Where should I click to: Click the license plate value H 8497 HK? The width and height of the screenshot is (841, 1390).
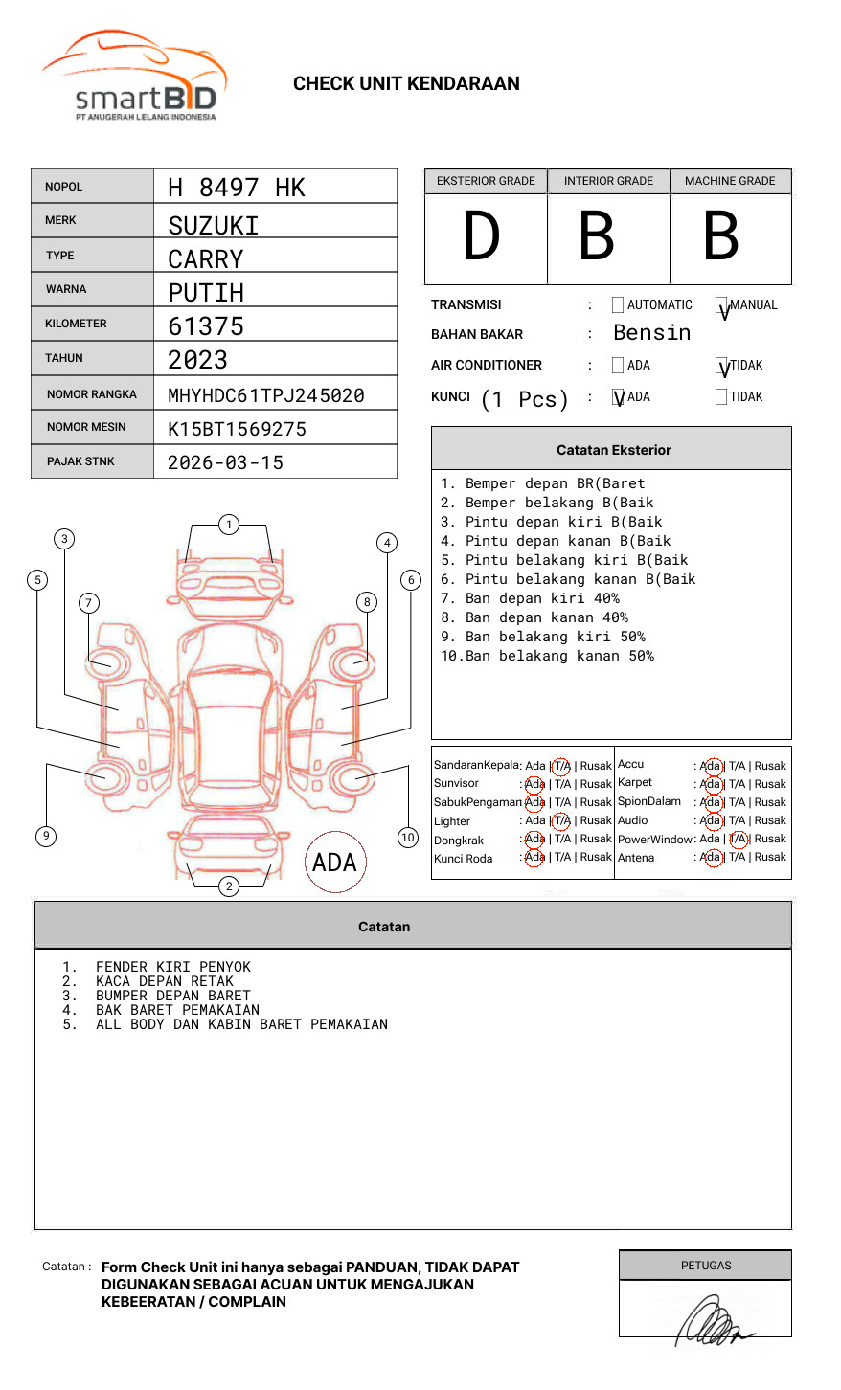[x=236, y=188]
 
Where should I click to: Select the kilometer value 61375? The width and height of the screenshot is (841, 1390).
[x=206, y=326]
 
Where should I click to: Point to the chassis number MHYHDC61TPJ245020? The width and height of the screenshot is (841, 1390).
[x=265, y=395]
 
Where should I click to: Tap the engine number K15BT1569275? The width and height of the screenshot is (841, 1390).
[x=237, y=429]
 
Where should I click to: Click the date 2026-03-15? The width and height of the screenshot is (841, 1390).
[x=225, y=462]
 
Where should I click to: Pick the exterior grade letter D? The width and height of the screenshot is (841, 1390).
[x=482, y=236]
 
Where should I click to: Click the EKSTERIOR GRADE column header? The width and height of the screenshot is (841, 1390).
[x=486, y=181]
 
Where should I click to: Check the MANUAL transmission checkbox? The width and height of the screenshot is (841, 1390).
[x=722, y=306]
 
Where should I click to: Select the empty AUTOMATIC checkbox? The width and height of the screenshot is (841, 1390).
[x=618, y=305]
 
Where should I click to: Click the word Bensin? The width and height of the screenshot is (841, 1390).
[x=651, y=333]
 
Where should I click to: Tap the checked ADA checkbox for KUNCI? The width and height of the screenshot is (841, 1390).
[x=618, y=397]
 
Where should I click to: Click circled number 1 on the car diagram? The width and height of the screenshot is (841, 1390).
[x=228, y=525]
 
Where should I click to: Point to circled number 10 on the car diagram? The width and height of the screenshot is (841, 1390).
[x=408, y=838]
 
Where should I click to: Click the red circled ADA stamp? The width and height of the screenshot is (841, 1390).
[x=334, y=862]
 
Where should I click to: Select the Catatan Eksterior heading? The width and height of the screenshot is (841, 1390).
[x=613, y=450]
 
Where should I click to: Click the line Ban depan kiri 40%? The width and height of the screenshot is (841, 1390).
[x=530, y=598]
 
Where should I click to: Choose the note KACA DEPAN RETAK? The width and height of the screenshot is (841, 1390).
[x=164, y=981]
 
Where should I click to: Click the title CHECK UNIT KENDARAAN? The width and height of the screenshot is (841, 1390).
[x=406, y=84]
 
